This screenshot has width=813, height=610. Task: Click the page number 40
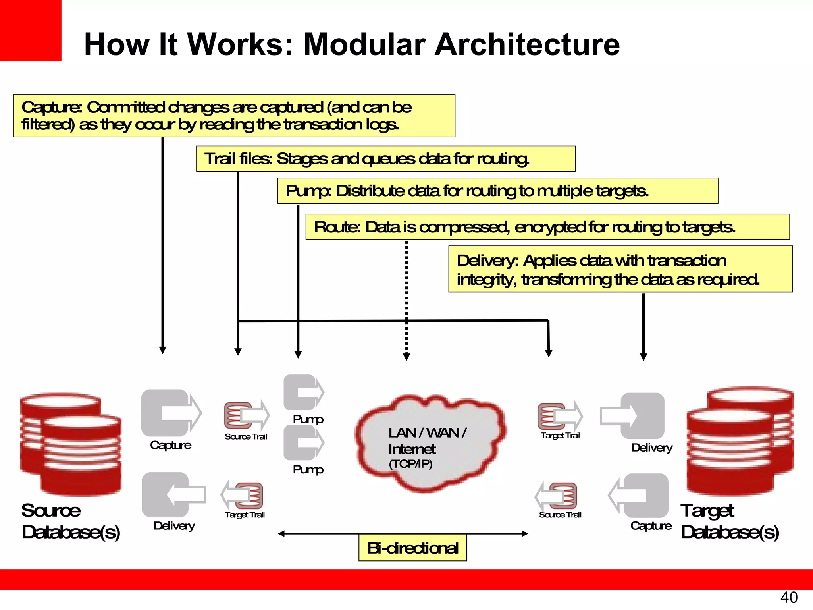tap(788, 597)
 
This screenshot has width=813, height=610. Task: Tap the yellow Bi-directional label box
tap(412, 548)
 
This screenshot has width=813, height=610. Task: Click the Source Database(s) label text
tap(70, 521)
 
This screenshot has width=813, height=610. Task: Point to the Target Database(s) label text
tap(730, 521)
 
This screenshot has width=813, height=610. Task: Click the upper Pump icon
tap(303, 392)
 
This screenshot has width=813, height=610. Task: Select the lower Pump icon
tap(303, 443)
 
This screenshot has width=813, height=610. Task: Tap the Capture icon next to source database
tap(171, 413)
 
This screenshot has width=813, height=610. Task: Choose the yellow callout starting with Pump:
tap(497, 191)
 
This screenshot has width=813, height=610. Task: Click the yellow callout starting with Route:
tap(547, 227)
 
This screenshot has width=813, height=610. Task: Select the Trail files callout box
tap(385, 159)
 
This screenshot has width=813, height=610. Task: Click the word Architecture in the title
tap(527, 44)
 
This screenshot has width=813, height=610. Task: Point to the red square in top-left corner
tap(30, 30)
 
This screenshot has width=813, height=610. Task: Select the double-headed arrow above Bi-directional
tap(403, 534)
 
